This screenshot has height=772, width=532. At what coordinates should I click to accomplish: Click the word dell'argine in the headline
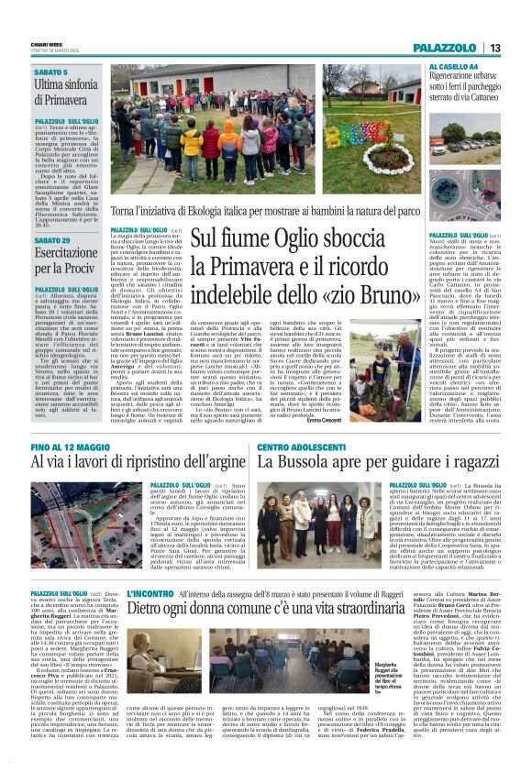click(205, 463)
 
